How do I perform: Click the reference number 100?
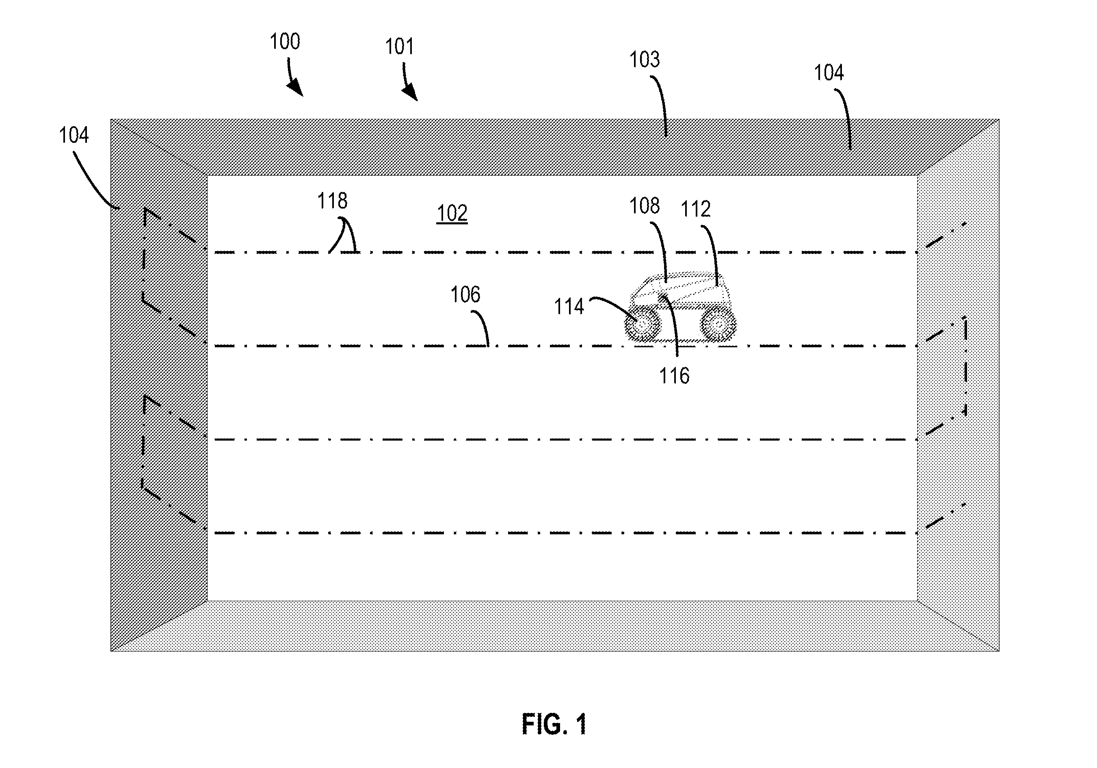[x=285, y=41]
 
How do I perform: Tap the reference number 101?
[x=399, y=47]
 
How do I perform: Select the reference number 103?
[x=644, y=60]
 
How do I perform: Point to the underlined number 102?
[x=452, y=213]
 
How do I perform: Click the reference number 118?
[x=333, y=201]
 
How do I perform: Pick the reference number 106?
[x=465, y=295]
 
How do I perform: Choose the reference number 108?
[x=644, y=206]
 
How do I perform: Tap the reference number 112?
[x=696, y=209]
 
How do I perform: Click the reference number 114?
[x=569, y=306]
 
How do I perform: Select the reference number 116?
[x=674, y=376]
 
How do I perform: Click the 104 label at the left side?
[x=74, y=135]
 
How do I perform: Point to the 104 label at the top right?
[x=829, y=73]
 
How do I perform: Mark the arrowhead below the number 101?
[x=411, y=93]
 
